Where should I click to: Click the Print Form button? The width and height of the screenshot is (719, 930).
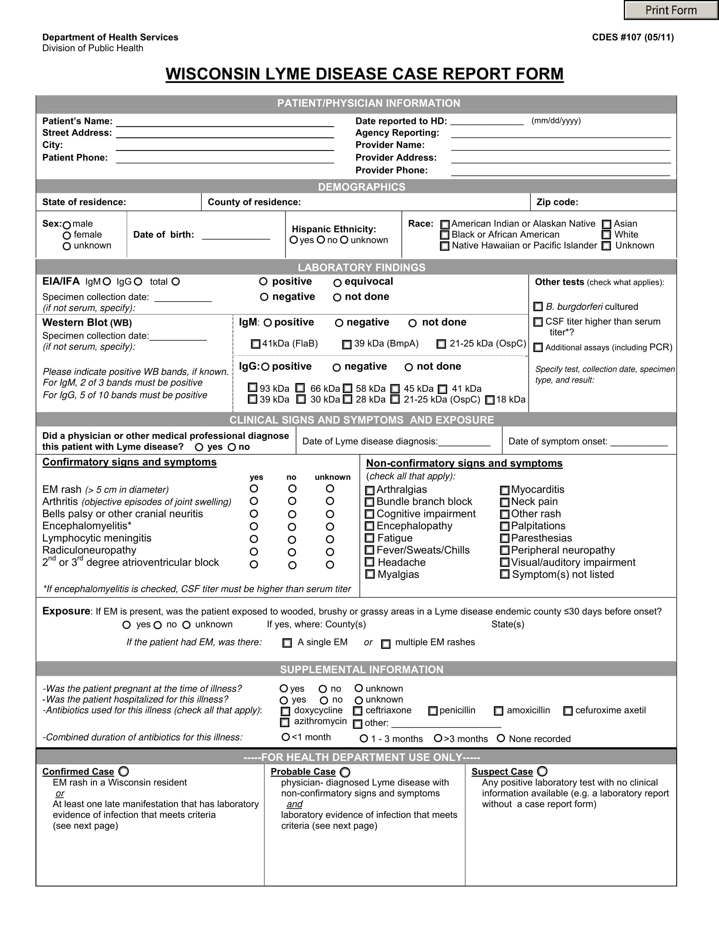point(671,10)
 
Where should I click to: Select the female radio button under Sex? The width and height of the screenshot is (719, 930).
point(66,235)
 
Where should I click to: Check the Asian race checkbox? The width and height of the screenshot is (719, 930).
point(606,224)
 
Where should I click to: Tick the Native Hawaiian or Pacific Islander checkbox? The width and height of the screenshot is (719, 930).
point(444,246)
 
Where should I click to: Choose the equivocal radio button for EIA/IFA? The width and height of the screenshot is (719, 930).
point(338,283)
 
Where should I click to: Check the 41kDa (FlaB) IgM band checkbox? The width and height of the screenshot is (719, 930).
point(255,344)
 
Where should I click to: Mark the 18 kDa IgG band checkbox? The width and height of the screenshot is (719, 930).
point(490,400)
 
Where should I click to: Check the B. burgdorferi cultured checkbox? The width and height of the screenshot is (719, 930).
point(538,306)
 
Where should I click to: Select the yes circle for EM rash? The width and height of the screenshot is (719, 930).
point(254,488)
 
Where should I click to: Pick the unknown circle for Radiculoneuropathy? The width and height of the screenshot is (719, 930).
point(330,552)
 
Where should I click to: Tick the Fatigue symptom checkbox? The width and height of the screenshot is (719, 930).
point(370,538)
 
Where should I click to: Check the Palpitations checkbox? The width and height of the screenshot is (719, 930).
point(505,526)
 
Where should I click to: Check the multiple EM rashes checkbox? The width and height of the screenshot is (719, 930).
point(385,644)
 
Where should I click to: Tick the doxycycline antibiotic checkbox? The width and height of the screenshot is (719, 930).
point(285,711)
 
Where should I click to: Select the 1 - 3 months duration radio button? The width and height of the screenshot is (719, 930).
point(364,739)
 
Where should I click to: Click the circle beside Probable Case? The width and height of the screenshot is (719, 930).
point(345,772)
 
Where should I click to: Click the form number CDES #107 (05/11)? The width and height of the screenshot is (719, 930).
point(633,38)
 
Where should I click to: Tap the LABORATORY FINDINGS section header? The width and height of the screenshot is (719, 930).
point(361,268)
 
